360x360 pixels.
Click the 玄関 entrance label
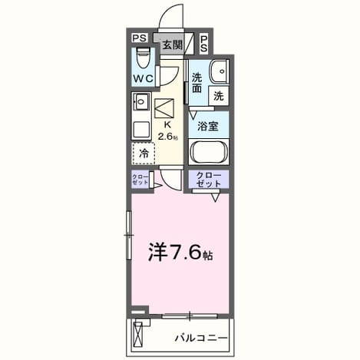click(x=173, y=45)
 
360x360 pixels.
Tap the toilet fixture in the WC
click(x=143, y=58)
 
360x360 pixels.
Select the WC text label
click(x=144, y=78)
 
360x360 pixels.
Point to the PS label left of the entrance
click(x=140, y=38)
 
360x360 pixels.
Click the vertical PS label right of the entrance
click(x=204, y=44)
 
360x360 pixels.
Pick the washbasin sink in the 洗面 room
click(x=219, y=71)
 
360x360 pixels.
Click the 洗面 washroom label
click(x=197, y=83)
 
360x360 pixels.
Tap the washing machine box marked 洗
click(x=219, y=96)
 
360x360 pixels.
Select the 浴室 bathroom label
click(x=208, y=126)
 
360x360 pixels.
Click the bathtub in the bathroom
click(x=209, y=152)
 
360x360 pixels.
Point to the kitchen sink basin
click(x=140, y=102)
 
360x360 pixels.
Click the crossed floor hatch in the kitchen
click(x=164, y=108)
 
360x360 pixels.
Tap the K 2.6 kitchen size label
click(x=167, y=130)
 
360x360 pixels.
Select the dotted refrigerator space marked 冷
click(x=144, y=154)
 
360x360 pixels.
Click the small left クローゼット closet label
click(x=140, y=180)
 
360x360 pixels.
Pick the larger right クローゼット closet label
click(x=209, y=180)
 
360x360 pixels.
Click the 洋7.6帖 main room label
click(x=180, y=252)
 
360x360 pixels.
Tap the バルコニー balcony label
click(x=201, y=339)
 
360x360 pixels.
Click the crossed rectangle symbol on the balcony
click(x=137, y=334)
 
